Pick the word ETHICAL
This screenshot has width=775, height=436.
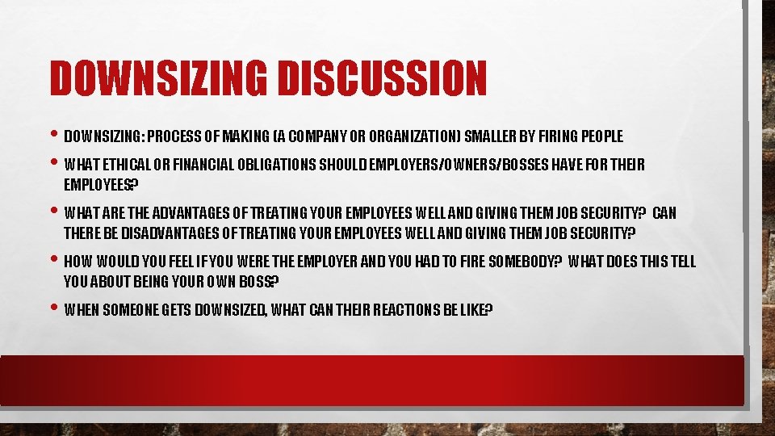point(123,166)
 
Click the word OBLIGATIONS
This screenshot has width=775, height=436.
point(277,166)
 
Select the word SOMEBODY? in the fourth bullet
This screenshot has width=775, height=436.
point(525,262)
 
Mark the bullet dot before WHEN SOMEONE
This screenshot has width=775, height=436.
point(54,309)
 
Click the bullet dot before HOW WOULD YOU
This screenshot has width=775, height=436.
point(54,261)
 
